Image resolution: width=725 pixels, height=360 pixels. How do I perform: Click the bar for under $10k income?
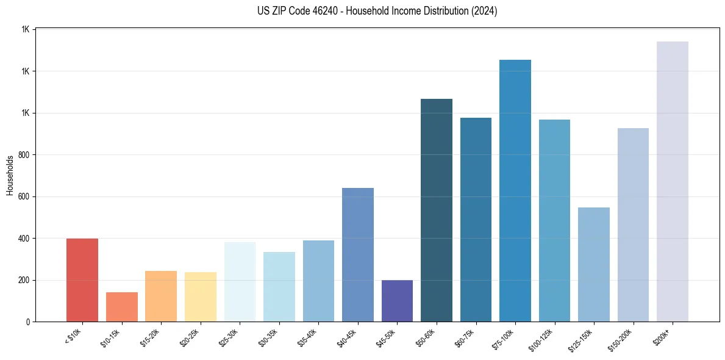coord(82,280)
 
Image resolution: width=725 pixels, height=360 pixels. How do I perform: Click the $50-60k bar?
coord(437,210)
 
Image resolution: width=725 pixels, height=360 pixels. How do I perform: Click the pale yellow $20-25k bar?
coord(201,297)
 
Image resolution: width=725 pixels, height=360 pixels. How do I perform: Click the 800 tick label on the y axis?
coord(24,155)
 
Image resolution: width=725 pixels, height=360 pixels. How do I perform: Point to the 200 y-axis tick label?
coord(24,281)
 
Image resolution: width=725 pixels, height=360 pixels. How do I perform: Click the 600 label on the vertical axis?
coord(24,197)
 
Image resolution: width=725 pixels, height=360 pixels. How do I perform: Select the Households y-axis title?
coord(10,175)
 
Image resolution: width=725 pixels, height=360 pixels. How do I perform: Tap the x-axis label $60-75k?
coord(465,336)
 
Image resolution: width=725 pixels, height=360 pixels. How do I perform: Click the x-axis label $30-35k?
coord(268,336)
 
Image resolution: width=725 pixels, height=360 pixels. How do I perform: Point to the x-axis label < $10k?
coord(73,335)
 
